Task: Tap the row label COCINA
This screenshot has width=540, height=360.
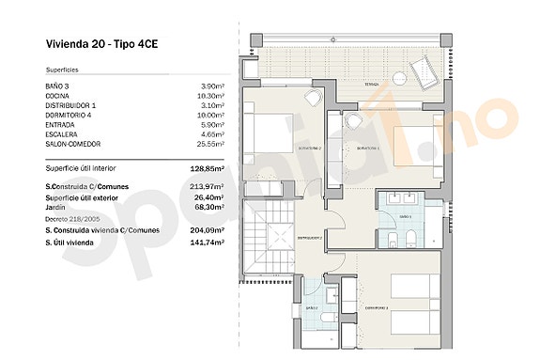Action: click(58, 95)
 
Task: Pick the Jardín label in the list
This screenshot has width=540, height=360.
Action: click(57, 205)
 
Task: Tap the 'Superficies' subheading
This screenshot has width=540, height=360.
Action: click(63, 70)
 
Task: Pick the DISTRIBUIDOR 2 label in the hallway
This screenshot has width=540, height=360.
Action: click(310, 238)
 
